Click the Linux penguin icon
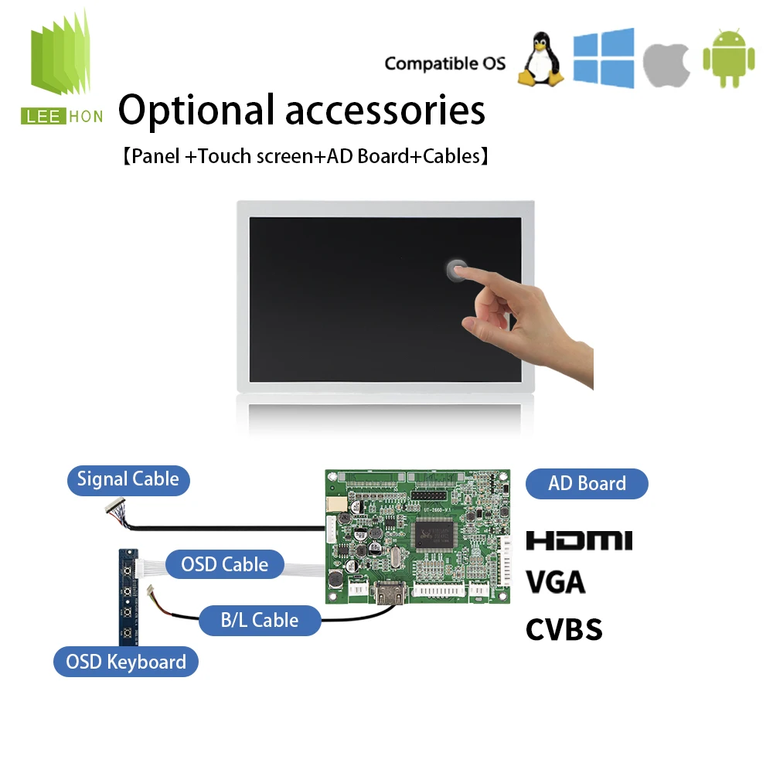(541, 60)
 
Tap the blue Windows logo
(604, 58)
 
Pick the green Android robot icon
(729, 59)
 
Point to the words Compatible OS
(444, 63)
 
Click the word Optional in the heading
(196, 111)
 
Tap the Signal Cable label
(128, 480)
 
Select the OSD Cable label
(225, 564)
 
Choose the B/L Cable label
(260, 620)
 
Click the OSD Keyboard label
(126, 662)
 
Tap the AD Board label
(587, 484)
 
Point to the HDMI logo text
(579, 540)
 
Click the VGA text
(556, 583)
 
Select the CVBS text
(564, 629)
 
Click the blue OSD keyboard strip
(128, 597)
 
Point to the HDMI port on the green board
(390, 593)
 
